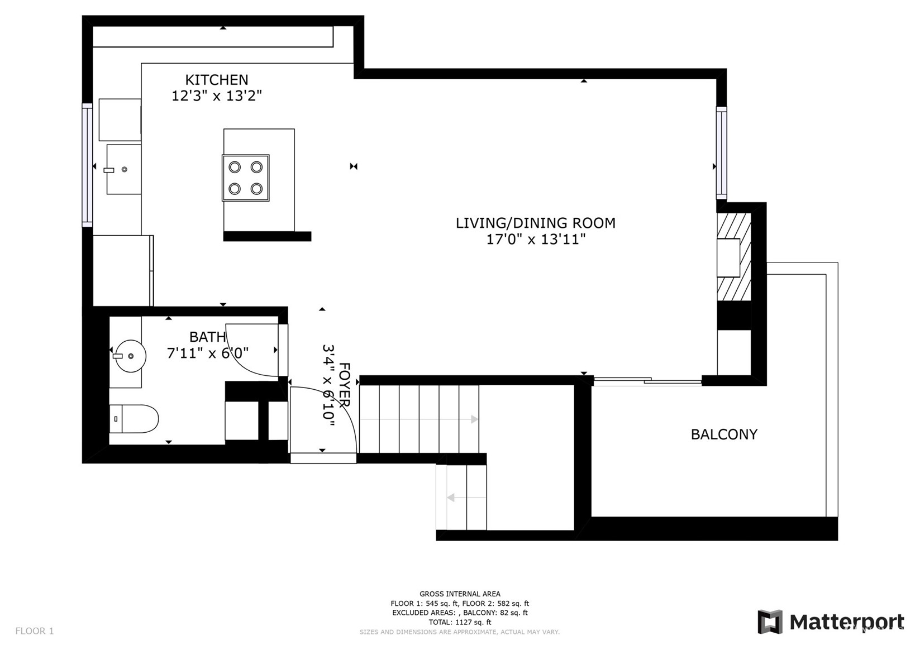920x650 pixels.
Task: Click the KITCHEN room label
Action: click(x=216, y=79)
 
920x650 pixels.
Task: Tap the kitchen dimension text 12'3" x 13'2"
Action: click(x=216, y=95)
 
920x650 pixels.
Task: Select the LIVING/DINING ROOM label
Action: click(x=536, y=223)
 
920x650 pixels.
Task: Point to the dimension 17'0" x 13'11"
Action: click(x=536, y=239)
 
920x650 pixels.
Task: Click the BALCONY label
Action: click(x=724, y=434)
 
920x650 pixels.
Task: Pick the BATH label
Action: click(x=207, y=337)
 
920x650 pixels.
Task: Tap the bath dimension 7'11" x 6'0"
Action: click(x=207, y=353)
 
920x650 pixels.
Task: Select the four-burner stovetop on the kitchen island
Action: click(x=246, y=178)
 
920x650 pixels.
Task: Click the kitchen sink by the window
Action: click(x=123, y=169)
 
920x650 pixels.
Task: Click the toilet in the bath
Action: click(x=134, y=419)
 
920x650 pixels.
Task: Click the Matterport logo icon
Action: click(x=770, y=622)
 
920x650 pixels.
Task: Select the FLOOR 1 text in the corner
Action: click(x=35, y=631)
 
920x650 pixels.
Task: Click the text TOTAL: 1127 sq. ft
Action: click(x=460, y=622)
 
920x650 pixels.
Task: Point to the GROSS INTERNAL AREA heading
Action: click(x=460, y=594)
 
